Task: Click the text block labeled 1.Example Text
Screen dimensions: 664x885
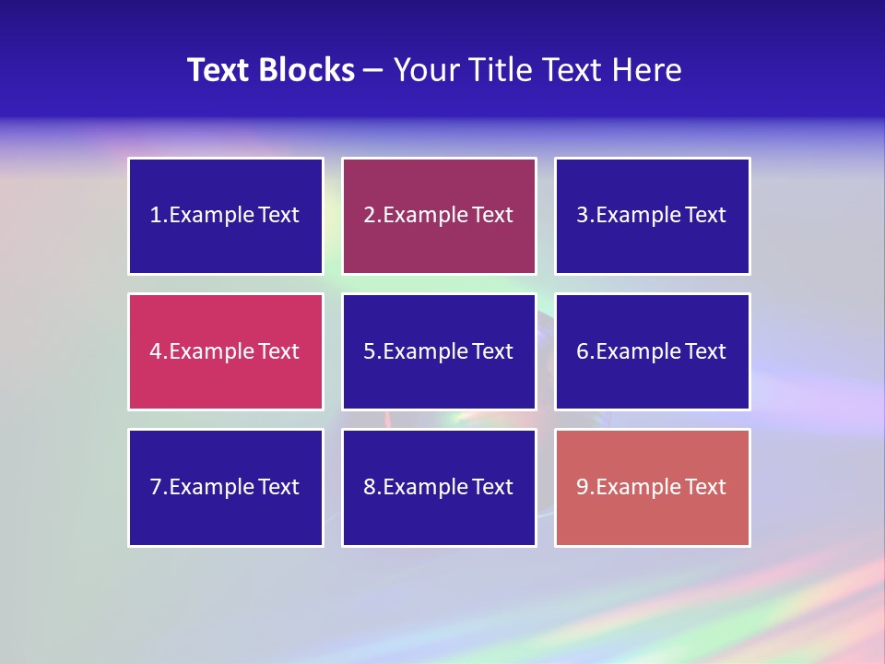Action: pos(226,216)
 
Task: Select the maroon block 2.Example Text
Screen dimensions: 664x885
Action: pos(439,216)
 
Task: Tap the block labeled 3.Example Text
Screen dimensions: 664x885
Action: pos(652,216)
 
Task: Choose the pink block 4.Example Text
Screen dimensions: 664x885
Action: pos(226,351)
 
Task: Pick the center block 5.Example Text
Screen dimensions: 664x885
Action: pos(439,351)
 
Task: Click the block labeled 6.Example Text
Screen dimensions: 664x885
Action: pos(652,351)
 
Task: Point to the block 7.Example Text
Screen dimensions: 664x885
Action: pos(226,487)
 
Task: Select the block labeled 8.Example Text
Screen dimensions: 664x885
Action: pos(439,487)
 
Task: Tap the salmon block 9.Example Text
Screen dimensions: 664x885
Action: pos(652,487)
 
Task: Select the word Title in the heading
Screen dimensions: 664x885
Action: pos(501,70)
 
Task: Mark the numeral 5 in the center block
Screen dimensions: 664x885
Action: pos(369,351)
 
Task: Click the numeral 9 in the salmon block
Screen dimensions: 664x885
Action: pos(583,487)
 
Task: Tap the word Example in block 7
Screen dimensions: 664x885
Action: pos(212,487)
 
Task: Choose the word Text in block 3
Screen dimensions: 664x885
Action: pos(705,216)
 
